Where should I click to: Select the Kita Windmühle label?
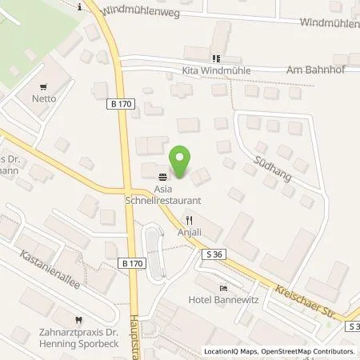point(216,70)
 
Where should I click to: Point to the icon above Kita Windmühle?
point(214,58)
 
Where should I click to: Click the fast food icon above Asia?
point(162,177)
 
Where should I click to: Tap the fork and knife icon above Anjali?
point(190,218)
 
